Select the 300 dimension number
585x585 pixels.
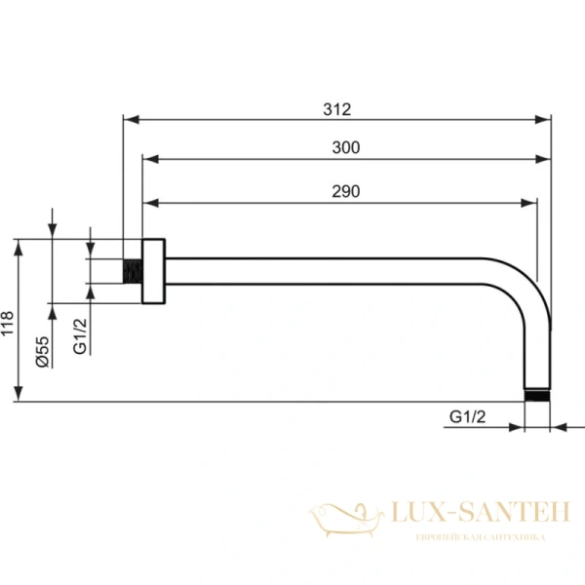point(346,147)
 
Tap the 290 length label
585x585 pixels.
point(345,191)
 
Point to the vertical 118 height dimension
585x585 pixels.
point(8,322)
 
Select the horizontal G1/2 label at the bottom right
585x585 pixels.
point(468,416)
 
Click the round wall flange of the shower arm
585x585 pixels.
point(152,271)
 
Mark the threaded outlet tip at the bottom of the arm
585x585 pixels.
point(537,396)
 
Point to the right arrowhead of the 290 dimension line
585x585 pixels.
point(530,203)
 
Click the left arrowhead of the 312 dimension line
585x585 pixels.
point(129,120)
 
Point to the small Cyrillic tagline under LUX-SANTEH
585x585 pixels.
point(480,537)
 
